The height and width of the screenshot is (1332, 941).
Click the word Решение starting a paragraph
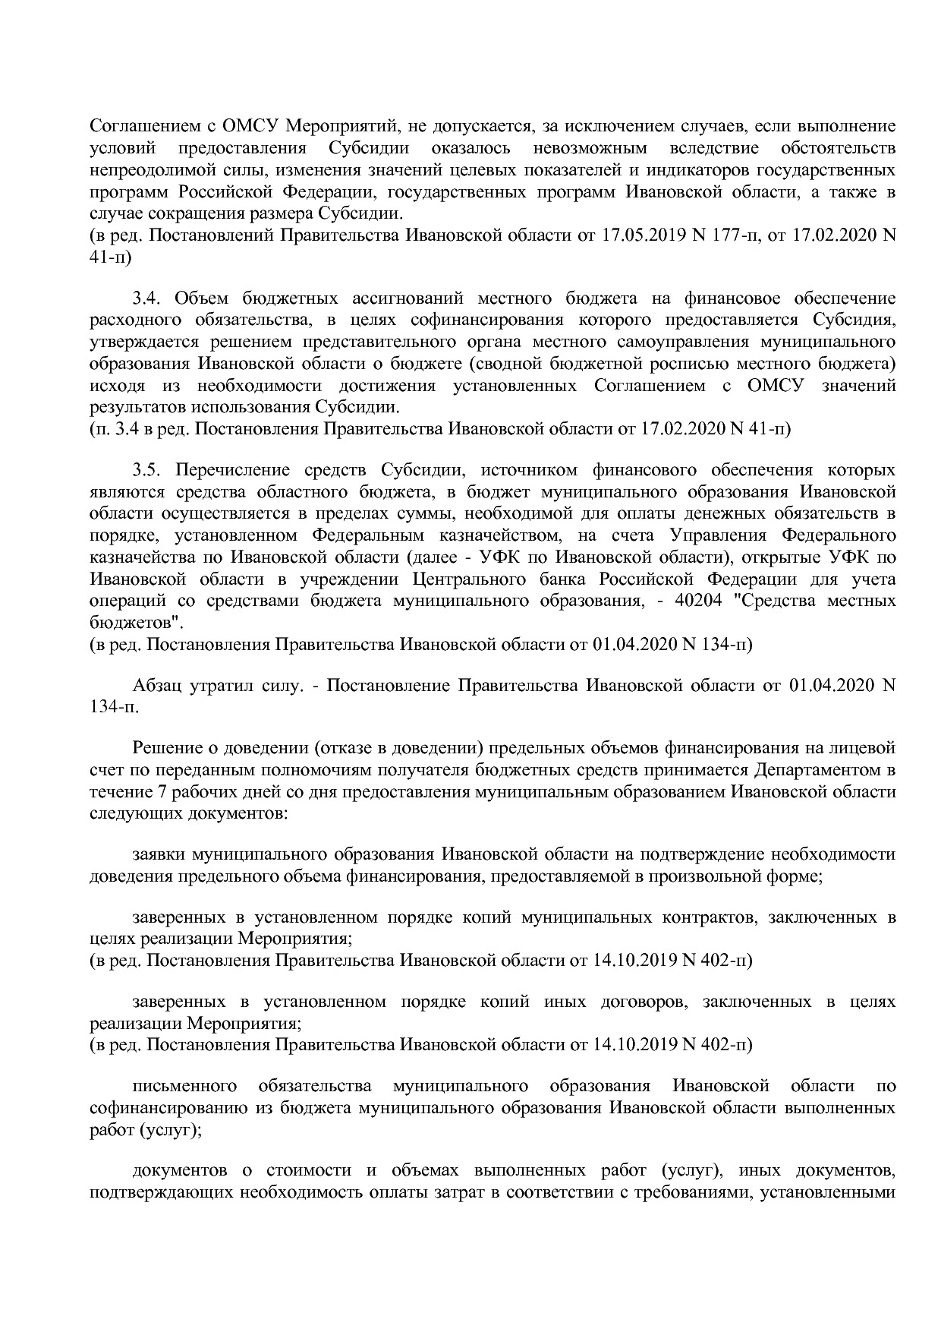tap(167, 748)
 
